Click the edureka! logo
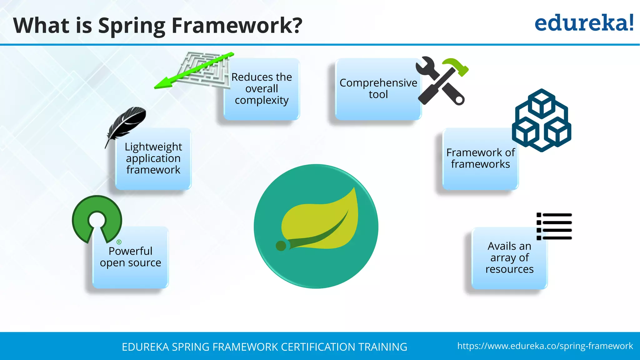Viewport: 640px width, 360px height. click(x=584, y=23)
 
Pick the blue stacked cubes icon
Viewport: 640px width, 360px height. click(x=542, y=120)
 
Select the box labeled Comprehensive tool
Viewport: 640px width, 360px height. click(x=378, y=89)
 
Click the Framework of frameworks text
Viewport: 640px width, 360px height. click(x=481, y=158)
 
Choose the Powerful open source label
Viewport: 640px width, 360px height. click(x=130, y=257)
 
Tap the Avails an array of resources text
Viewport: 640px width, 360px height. click(x=509, y=257)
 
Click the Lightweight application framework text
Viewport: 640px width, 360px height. click(x=153, y=158)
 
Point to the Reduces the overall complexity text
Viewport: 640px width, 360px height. click(x=262, y=88)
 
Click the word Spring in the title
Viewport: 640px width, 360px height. click(x=132, y=26)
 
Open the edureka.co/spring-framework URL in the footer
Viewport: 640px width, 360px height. click(x=545, y=346)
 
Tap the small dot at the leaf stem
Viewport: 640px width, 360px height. click(x=281, y=246)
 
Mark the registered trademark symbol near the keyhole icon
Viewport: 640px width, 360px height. click(x=119, y=242)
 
